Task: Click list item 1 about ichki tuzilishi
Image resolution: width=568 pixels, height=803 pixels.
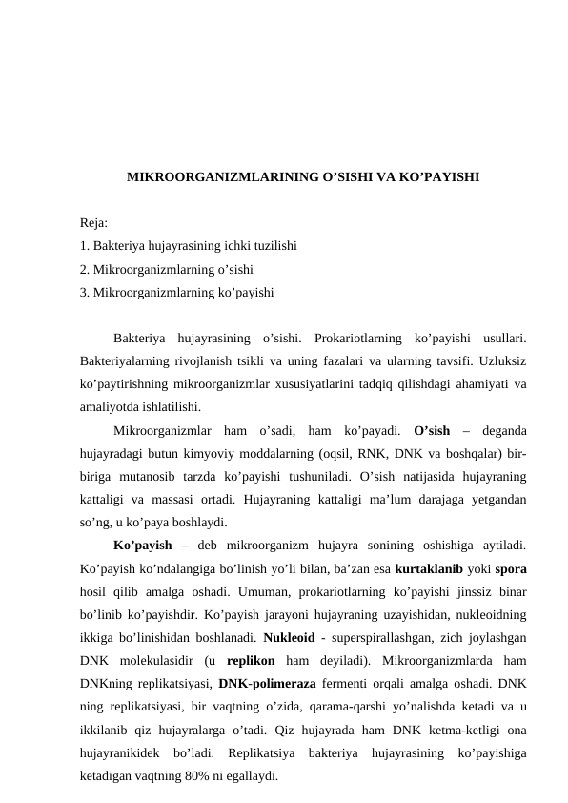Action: point(189,246)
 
